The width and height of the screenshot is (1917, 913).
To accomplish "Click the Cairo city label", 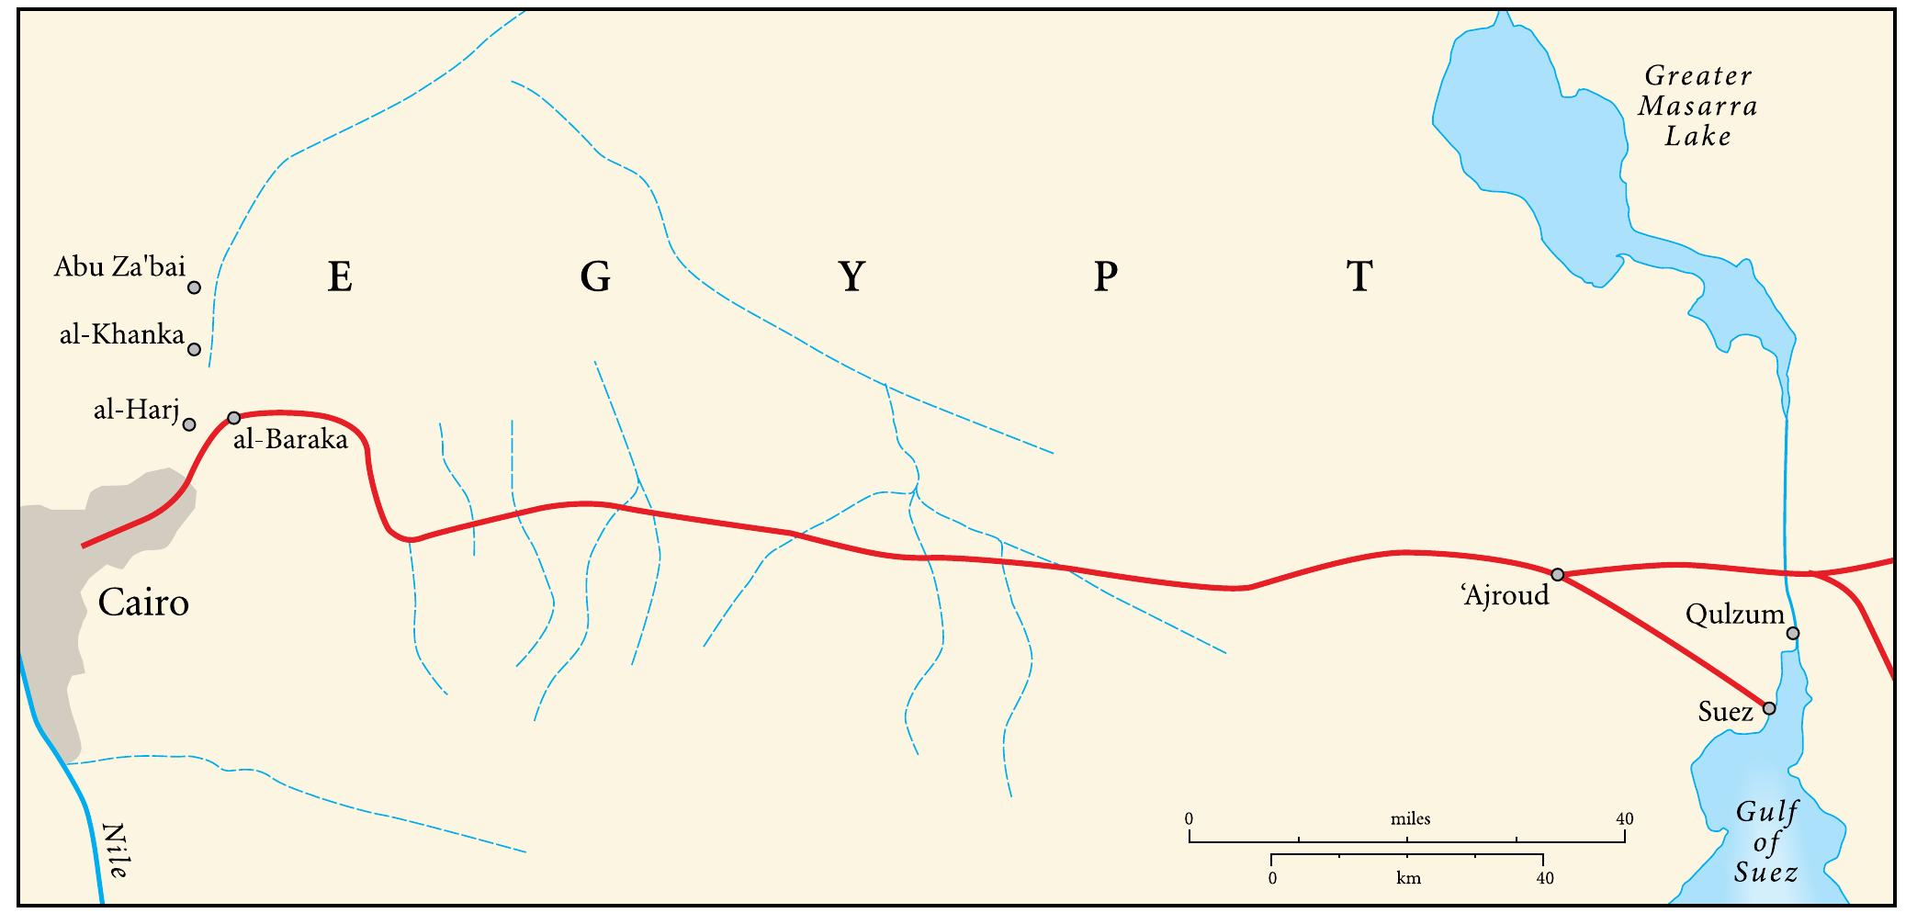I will click(143, 603).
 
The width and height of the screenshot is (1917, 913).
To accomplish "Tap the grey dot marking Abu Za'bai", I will click(194, 287).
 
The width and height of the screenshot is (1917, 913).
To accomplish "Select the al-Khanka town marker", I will click(194, 349).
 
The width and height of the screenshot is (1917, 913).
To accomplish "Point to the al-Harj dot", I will click(189, 424).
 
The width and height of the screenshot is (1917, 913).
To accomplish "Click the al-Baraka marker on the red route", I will click(233, 418).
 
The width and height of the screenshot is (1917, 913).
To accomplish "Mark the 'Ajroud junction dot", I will click(1557, 574).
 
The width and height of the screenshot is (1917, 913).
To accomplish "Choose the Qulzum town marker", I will click(1792, 633).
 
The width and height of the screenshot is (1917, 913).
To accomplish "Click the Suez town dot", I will click(1769, 708).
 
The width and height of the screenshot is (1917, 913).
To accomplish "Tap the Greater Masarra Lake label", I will click(1697, 106).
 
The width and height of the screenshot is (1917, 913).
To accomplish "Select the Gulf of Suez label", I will click(1766, 841).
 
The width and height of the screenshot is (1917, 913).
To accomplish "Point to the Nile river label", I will click(116, 851).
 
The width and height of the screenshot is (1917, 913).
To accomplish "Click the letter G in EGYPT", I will click(595, 276).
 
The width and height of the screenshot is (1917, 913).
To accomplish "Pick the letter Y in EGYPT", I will click(851, 276).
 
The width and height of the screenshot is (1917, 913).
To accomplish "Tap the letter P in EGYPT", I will click(1105, 276).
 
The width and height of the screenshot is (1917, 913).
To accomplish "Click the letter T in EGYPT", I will click(1359, 276).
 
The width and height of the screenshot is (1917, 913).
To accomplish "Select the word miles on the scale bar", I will click(1410, 818).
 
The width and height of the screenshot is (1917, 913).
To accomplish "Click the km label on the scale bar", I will click(1408, 878).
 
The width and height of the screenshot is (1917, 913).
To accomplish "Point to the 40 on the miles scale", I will click(1624, 818).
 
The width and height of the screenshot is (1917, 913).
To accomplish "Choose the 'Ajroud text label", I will click(1505, 596).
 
